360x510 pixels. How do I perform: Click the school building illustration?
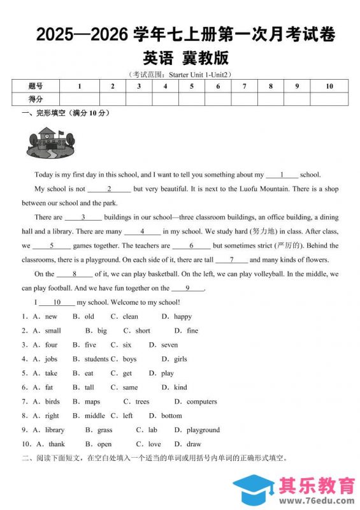point(50,142)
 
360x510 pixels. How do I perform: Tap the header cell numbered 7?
point(245,86)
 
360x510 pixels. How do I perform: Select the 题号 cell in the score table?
point(36,86)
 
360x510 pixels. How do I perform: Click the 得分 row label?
point(36,99)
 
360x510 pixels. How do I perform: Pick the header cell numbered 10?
point(329,86)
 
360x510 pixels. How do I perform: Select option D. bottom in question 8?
point(165,416)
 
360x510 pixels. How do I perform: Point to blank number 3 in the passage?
point(83,217)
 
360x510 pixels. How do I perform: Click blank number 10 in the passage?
point(56,302)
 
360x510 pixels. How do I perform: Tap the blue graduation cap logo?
point(253,491)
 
